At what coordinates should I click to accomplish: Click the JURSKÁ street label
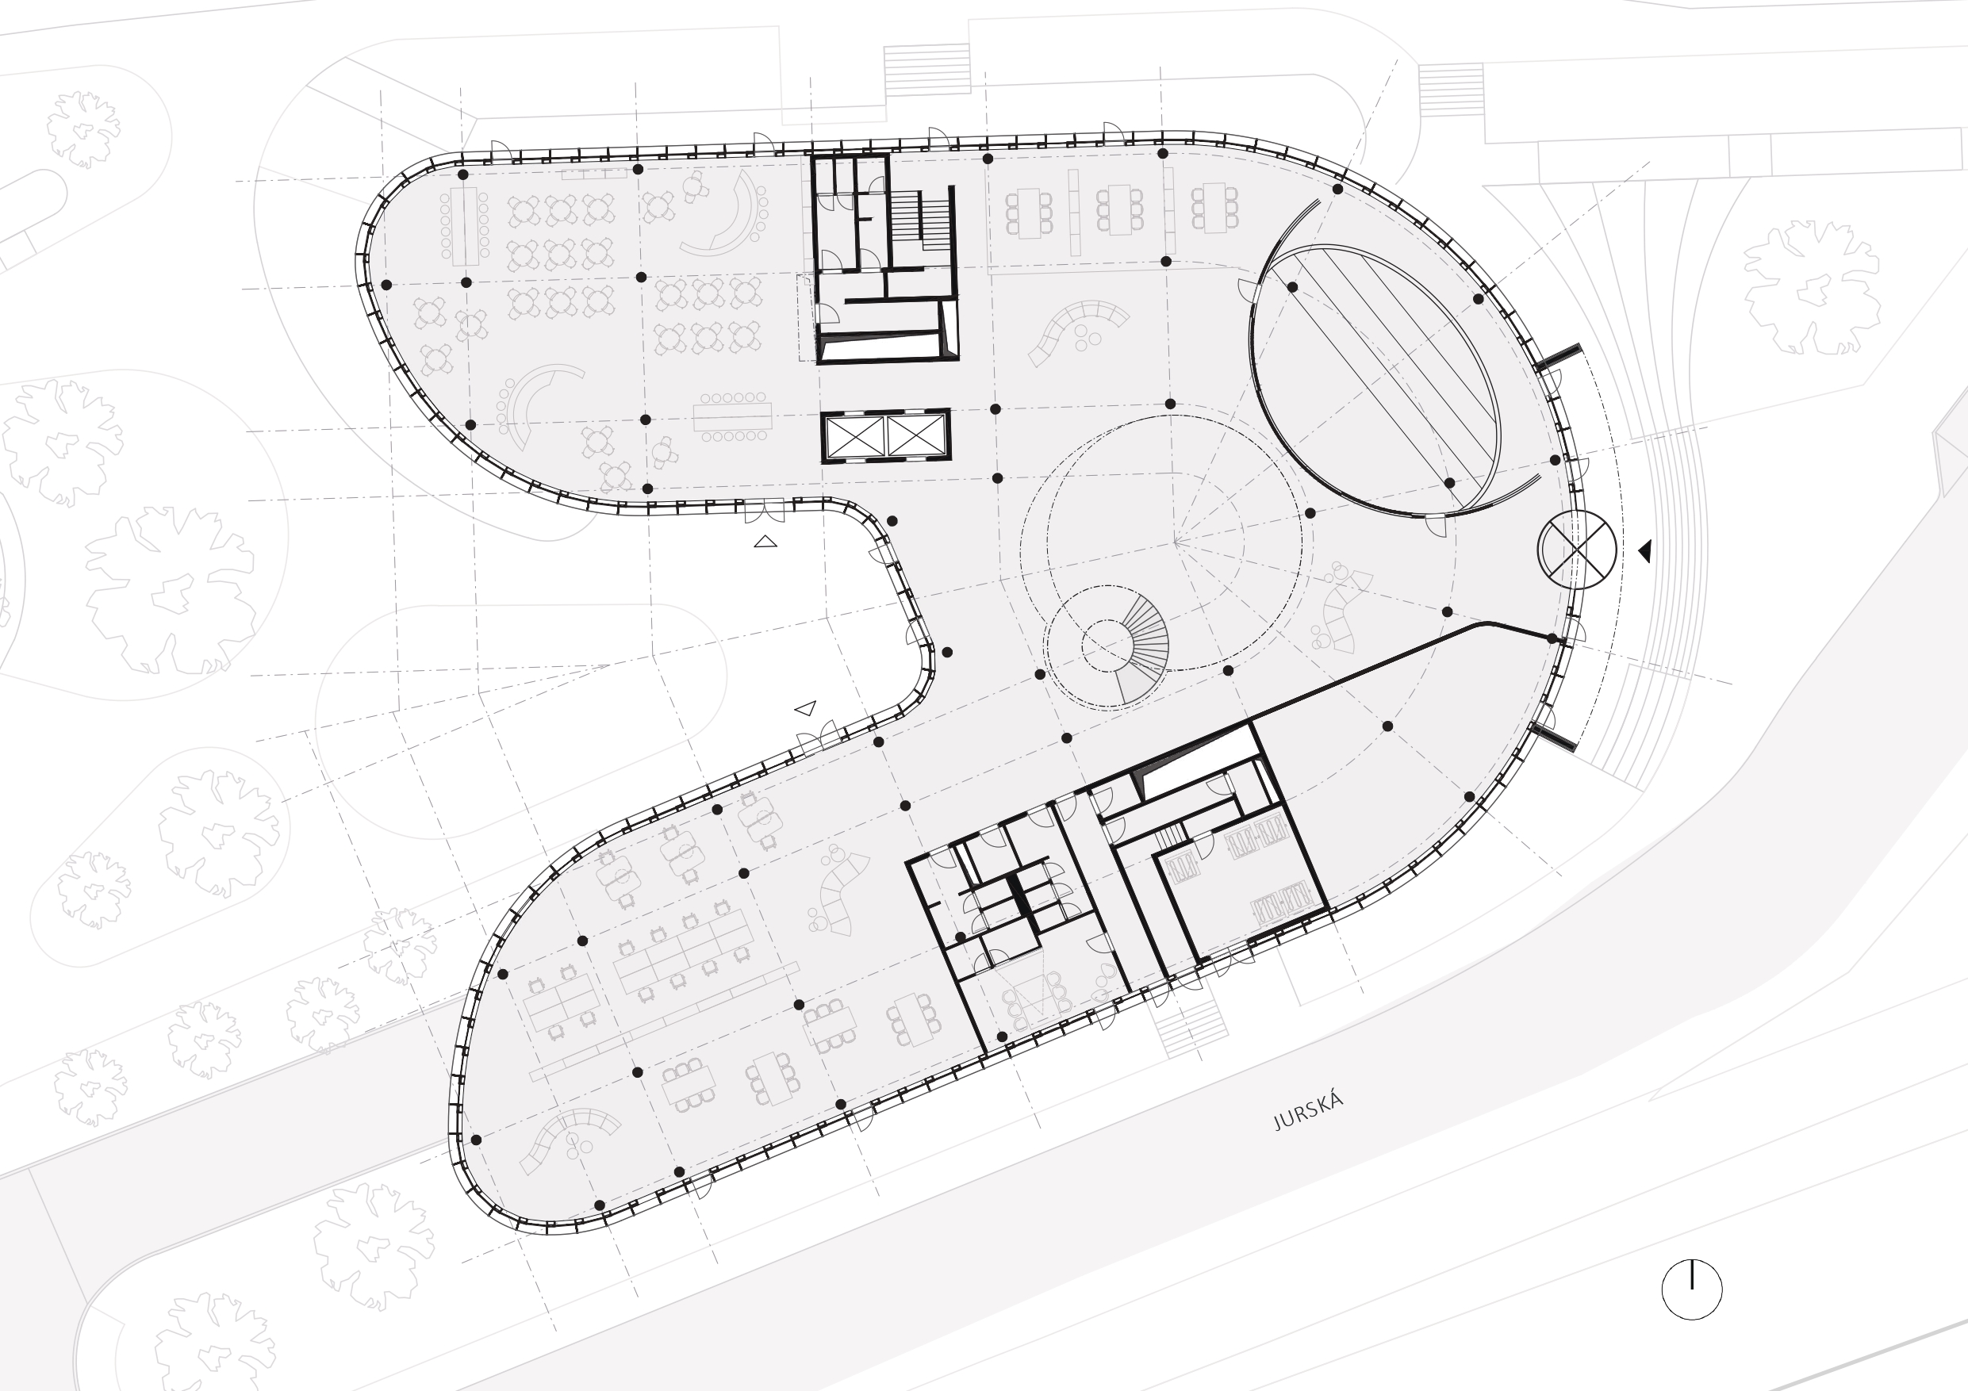tap(1308, 1113)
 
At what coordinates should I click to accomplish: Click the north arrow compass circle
tap(1691, 1289)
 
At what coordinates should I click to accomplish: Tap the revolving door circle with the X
tap(1576, 550)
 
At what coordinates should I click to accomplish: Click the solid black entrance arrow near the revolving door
tap(1645, 551)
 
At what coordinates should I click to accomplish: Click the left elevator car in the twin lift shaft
tap(854, 436)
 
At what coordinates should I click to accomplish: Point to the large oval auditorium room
tap(1375, 381)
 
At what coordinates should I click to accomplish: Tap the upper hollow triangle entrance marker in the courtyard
tap(765, 542)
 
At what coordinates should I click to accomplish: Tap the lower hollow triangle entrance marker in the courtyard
tap(806, 709)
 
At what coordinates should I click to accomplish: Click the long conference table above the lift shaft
tap(732, 417)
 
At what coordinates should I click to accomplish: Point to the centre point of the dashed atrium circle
tap(1174, 542)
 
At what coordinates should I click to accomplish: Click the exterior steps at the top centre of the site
tap(926, 68)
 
